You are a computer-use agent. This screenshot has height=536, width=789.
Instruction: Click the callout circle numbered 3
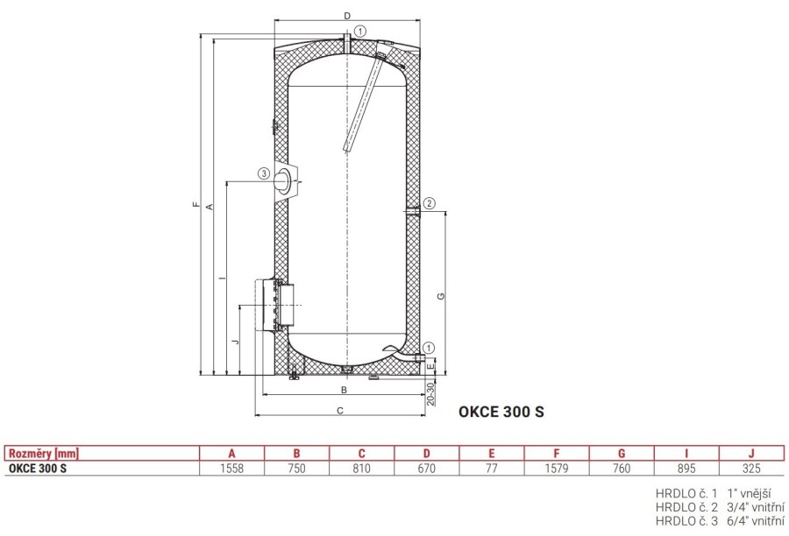point(264,173)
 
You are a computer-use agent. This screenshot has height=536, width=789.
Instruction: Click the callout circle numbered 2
point(429,203)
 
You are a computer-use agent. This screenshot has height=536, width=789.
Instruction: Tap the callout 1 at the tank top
point(360,32)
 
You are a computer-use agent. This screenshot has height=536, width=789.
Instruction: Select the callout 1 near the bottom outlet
point(429,348)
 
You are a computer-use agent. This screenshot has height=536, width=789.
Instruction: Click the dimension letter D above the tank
point(347,16)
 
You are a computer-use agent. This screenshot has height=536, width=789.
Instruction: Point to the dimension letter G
point(441,296)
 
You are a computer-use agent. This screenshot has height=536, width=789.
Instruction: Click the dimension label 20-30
point(430,394)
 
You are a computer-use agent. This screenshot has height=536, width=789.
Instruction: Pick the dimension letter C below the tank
point(340,411)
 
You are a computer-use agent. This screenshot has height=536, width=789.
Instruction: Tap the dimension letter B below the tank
point(345,390)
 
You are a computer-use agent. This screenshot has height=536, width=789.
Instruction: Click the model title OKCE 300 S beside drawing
point(501,412)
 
